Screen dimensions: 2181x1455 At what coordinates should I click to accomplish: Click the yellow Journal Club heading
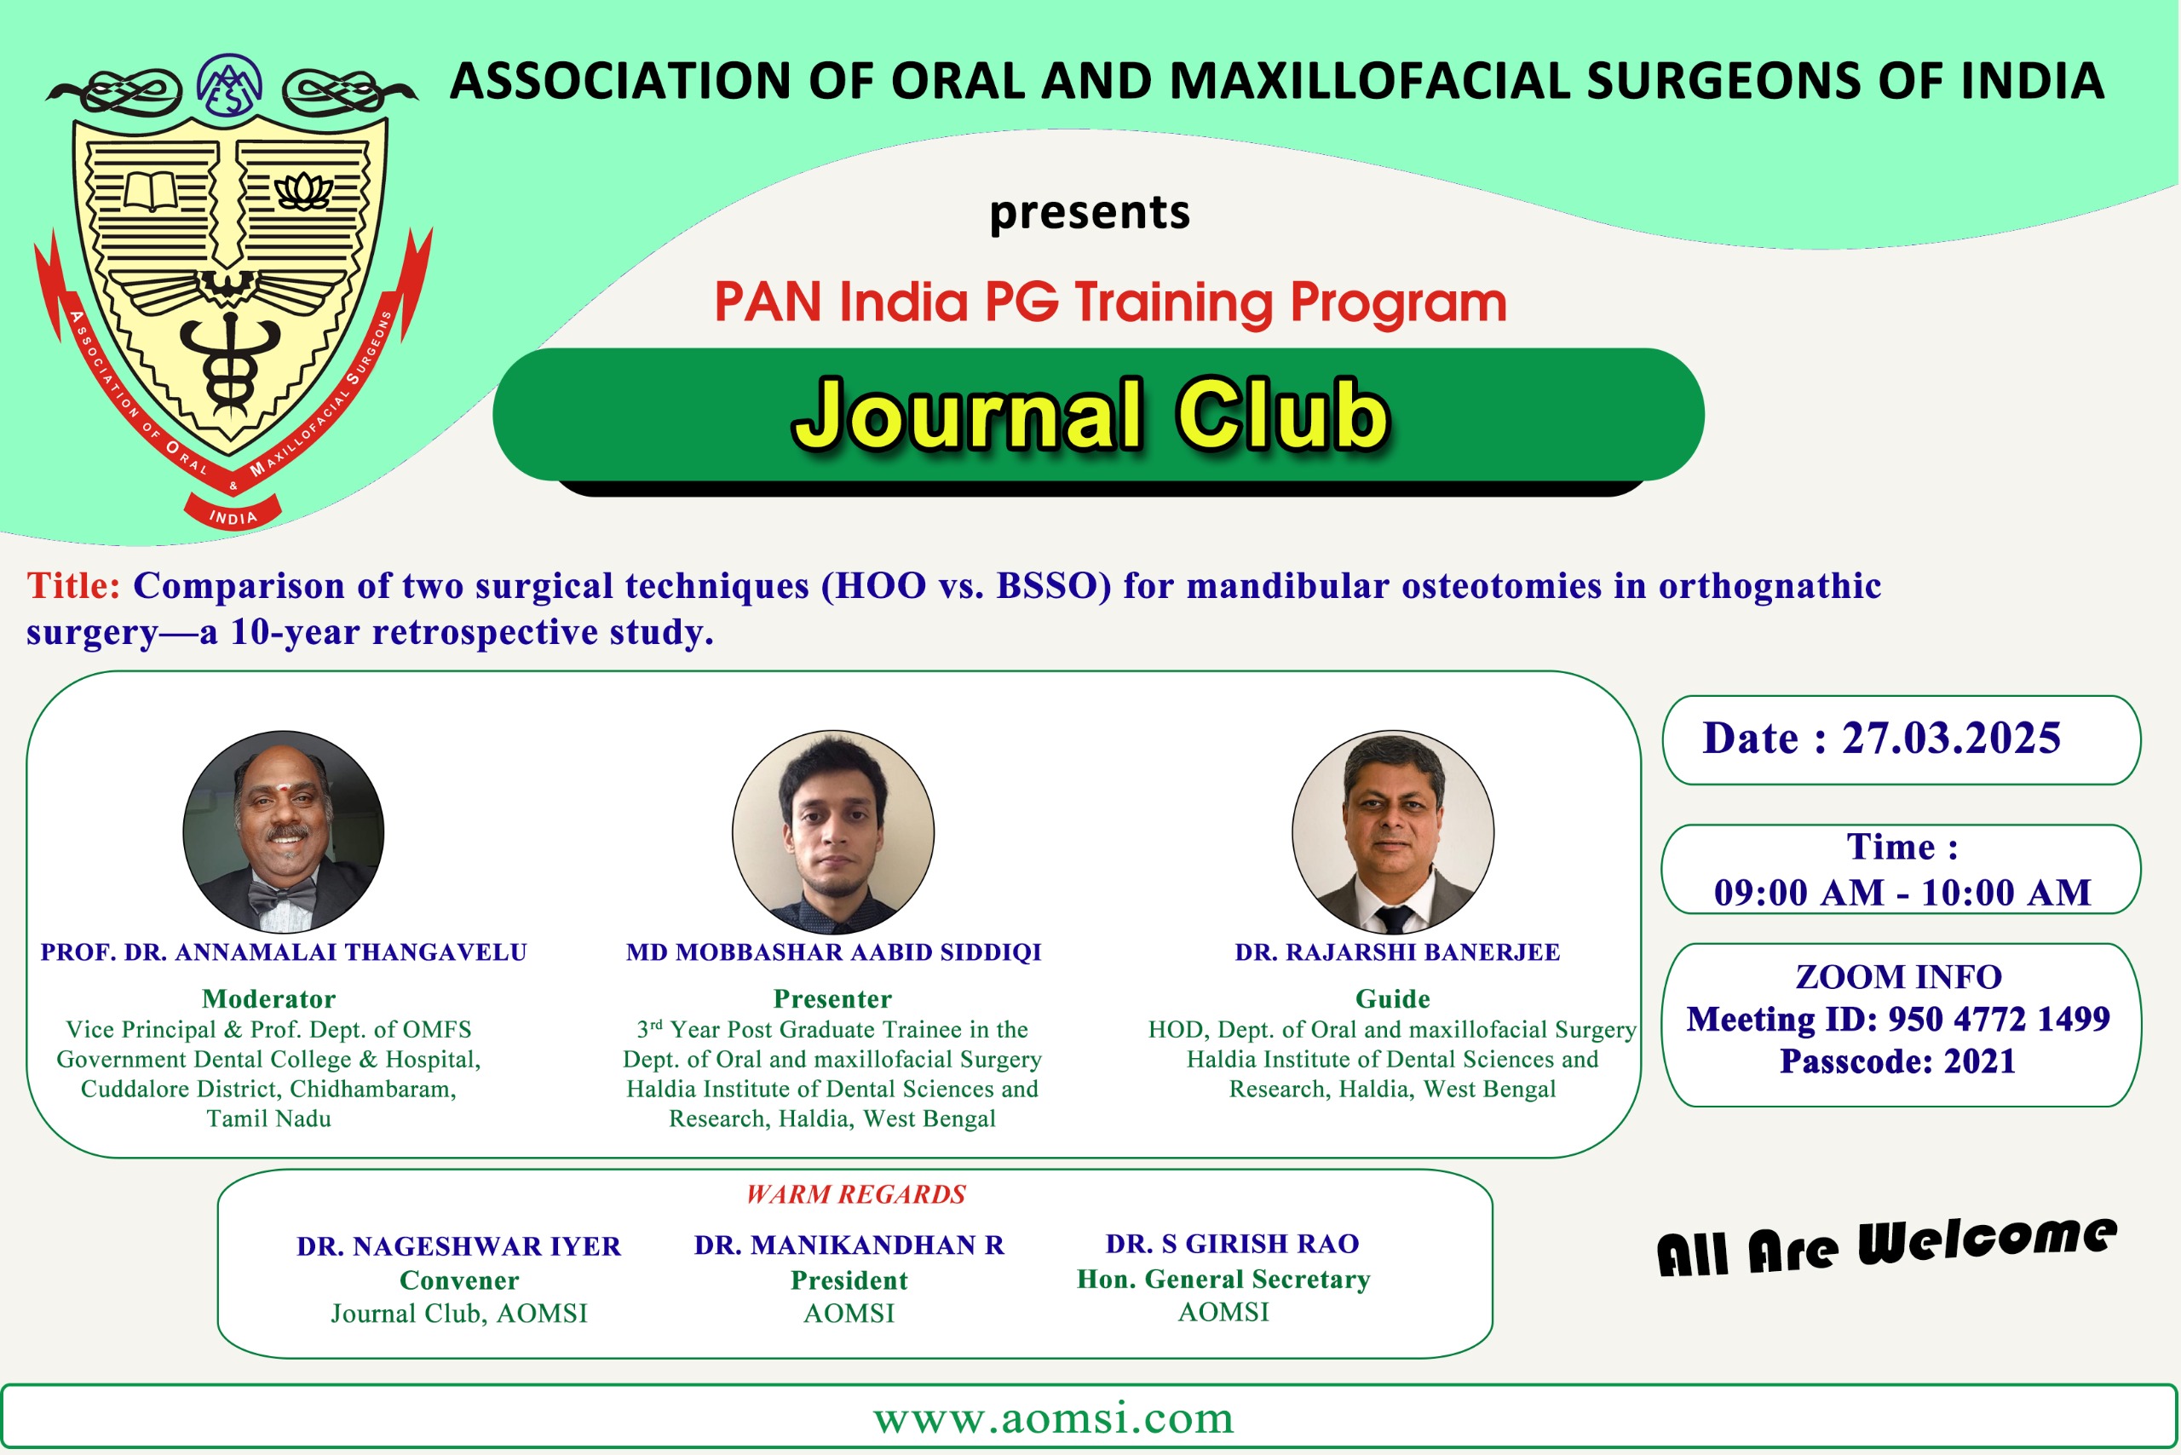[1091, 414]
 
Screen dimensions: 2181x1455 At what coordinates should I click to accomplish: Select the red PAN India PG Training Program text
[1110, 302]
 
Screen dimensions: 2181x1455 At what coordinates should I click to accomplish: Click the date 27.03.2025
[1951, 739]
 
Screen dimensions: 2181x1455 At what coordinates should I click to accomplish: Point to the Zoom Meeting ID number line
[1898, 1019]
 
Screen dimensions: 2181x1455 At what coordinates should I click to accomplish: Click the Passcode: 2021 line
[1898, 1061]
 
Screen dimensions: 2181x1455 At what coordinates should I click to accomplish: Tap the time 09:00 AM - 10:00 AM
[1902, 893]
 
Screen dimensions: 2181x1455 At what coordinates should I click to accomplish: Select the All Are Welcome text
[1887, 1245]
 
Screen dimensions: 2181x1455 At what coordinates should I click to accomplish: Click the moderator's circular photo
[283, 831]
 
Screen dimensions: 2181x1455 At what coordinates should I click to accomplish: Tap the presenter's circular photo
[833, 831]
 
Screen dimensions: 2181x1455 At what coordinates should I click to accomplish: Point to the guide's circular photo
[1393, 831]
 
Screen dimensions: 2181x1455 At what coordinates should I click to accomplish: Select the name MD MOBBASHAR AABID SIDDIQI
[833, 953]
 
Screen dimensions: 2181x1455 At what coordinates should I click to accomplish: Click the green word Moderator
[269, 999]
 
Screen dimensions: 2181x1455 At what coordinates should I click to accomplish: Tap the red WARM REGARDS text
[855, 1194]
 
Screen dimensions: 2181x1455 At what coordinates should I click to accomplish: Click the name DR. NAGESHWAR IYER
[458, 1246]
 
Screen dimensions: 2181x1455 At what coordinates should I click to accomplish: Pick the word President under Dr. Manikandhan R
[849, 1280]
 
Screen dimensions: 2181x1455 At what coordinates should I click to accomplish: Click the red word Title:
[73, 585]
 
